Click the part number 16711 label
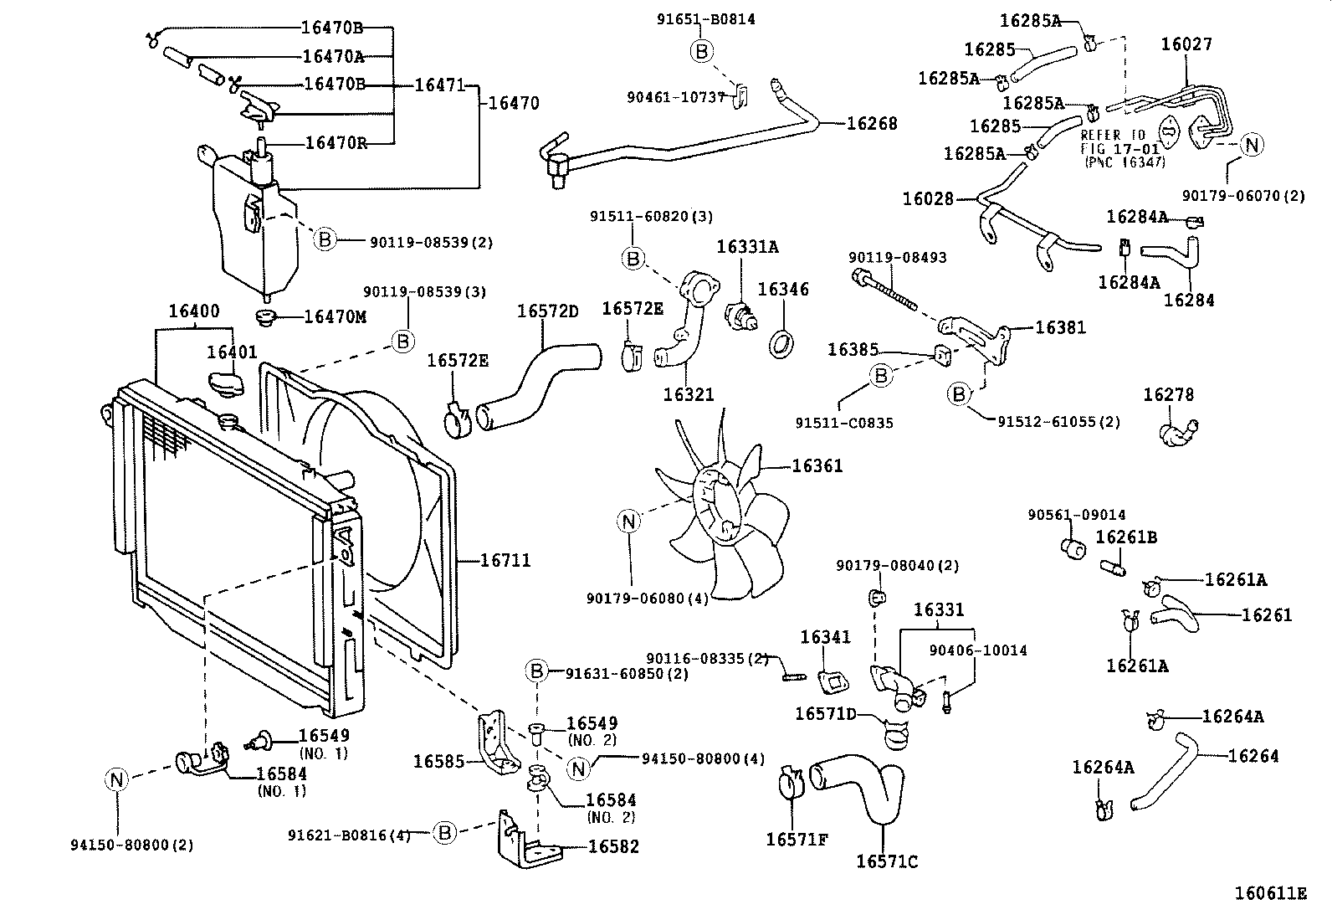pos(505,560)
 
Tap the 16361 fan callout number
pos(817,466)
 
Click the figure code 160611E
pos(1269,893)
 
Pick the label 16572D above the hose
pos(547,311)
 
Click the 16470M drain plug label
pos(335,316)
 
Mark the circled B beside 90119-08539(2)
pos(325,240)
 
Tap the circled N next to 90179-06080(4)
pos(629,522)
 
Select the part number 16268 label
pos(871,124)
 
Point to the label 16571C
pos(887,861)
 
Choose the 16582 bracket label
pos(613,846)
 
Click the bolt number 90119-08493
pos(897,258)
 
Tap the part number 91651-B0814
pos(705,18)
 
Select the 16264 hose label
pos(1253,756)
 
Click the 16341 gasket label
pos(825,637)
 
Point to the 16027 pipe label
pos(1186,44)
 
